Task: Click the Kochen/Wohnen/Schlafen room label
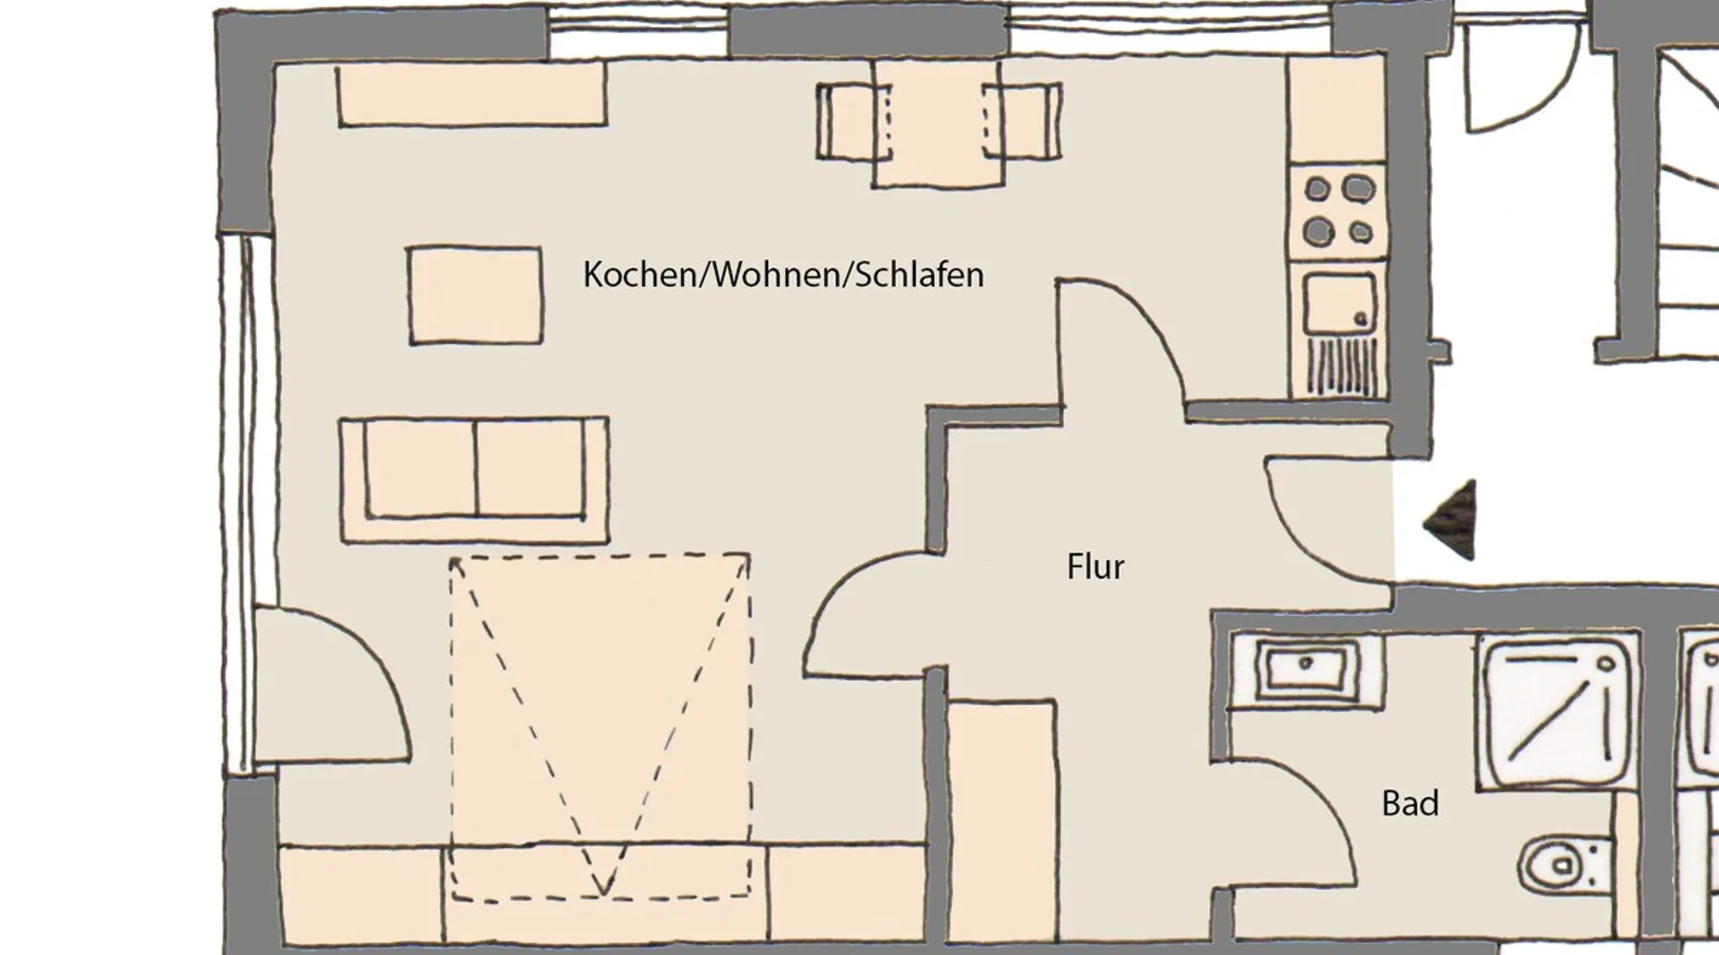[x=783, y=275]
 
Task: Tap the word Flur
[x=1095, y=566]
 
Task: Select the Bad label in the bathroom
[x=1410, y=803]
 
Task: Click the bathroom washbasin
[x=1305, y=669]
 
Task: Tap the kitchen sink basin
[x=1340, y=304]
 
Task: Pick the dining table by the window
[x=937, y=124]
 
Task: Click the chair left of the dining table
[x=852, y=121]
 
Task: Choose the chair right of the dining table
[x=1023, y=120]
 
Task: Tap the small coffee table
[x=476, y=295]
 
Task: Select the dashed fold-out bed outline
[x=600, y=726]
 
